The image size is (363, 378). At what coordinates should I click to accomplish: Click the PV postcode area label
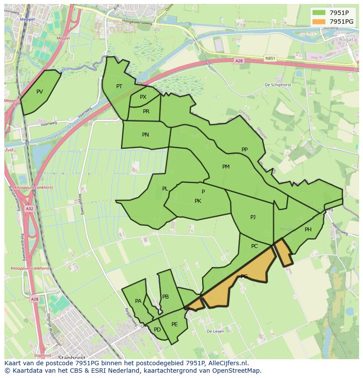pyautogui.click(x=39, y=92)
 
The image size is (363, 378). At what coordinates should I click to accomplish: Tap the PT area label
pyautogui.click(x=119, y=86)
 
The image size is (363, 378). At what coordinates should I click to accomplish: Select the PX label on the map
pyautogui.click(x=143, y=97)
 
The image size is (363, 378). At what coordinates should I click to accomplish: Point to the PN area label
pyautogui.click(x=145, y=135)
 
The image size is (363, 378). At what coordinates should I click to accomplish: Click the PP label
pyautogui.click(x=245, y=150)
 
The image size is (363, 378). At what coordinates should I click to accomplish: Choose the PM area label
pyautogui.click(x=226, y=167)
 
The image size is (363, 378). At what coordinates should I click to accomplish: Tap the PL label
pyautogui.click(x=165, y=189)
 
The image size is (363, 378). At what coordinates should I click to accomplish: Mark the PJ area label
pyautogui.click(x=253, y=217)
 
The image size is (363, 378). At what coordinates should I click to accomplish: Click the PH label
pyautogui.click(x=308, y=230)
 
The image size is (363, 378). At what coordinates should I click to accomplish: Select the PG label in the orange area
pyautogui.click(x=244, y=277)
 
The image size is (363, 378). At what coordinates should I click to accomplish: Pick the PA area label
pyautogui.click(x=138, y=301)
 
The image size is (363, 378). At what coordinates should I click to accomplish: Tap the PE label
pyautogui.click(x=174, y=324)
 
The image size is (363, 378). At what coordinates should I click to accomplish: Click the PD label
pyautogui.click(x=157, y=330)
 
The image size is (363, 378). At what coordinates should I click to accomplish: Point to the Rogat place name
pyautogui.click(x=346, y=40)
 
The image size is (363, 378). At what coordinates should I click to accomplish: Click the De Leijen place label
pyautogui.click(x=215, y=331)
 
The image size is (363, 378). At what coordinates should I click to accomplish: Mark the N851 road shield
pyautogui.click(x=270, y=58)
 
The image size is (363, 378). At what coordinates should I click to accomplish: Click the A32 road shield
pyautogui.click(x=29, y=209)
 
